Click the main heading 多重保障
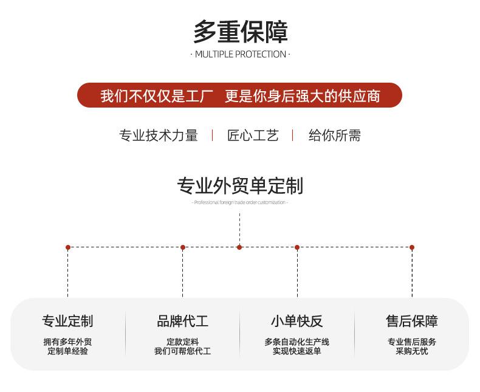tap(240, 32)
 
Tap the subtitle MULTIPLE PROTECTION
tap(240, 54)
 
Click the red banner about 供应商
tap(240, 95)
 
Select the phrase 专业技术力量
tap(159, 135)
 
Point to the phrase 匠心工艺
tap(253, 135)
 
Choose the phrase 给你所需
tap(334, 135)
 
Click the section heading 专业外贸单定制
tap(240, 185)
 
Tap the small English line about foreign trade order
tap(240, 202)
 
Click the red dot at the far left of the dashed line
tap(68, 247)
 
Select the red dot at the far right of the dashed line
tap(412, 247)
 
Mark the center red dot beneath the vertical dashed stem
tap(239, 247)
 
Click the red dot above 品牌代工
tap(183, 247)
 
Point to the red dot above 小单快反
tap(297, 247)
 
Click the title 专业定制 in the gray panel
tap(67, 321)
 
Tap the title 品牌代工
tap(182, 321)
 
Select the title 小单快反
tap(297, 321)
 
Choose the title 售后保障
tap(411, 321)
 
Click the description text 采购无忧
tap(411, 351)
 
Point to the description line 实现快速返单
tap(297, 351)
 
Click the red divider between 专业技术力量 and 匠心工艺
tap(212, 135)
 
